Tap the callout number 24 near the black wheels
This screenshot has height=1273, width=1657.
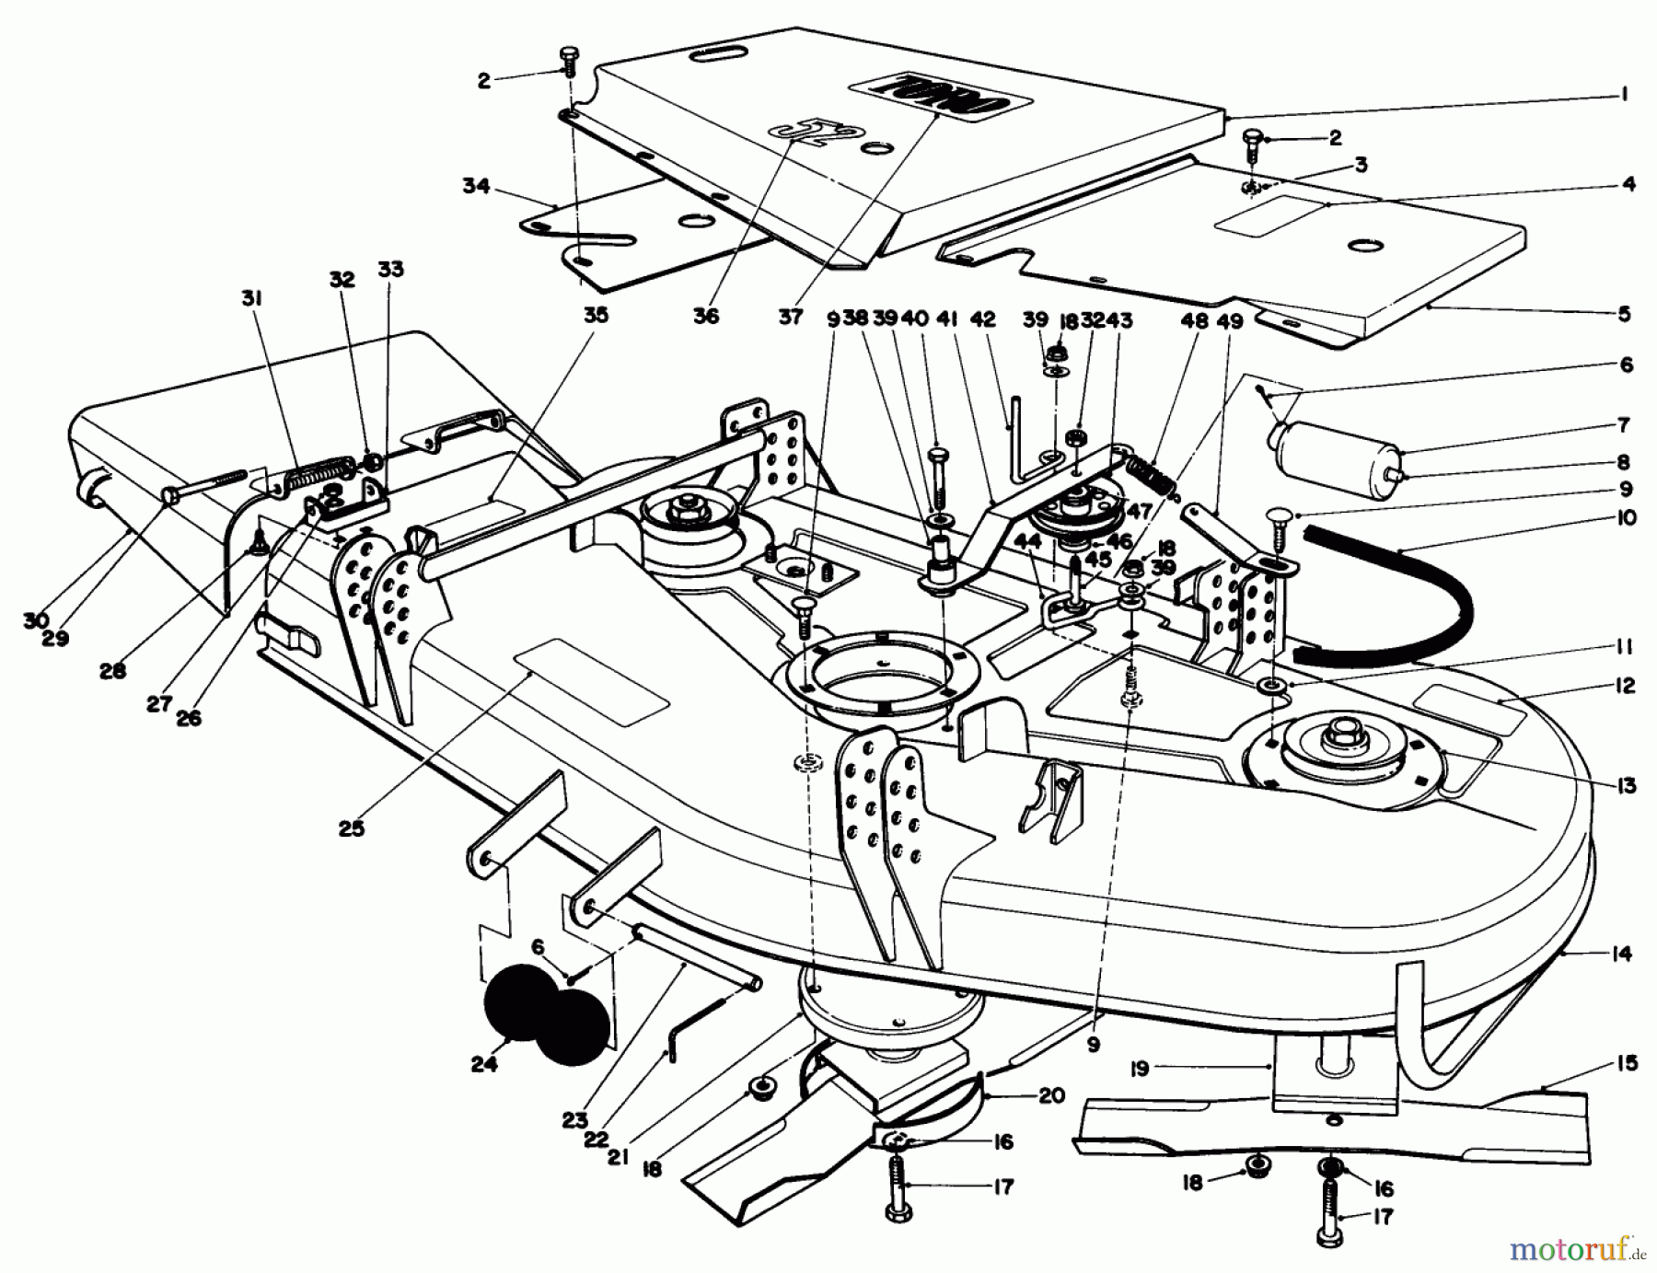point(484,1064)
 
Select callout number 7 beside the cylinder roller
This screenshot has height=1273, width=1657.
point(1624,425)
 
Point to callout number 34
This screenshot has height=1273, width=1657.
point(476,187)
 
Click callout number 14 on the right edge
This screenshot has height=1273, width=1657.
point(1622,954)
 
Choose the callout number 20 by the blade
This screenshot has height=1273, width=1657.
point(1051,1095)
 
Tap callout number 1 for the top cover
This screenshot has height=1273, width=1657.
point(1624,94)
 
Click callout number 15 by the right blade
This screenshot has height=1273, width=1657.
point(1627,1063)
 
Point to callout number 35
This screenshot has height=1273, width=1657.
point(596,315)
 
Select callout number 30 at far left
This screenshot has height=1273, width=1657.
point(36,621)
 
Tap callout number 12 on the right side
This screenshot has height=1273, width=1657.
point(1624,686)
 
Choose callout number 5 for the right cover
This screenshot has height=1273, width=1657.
point(1624,314)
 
